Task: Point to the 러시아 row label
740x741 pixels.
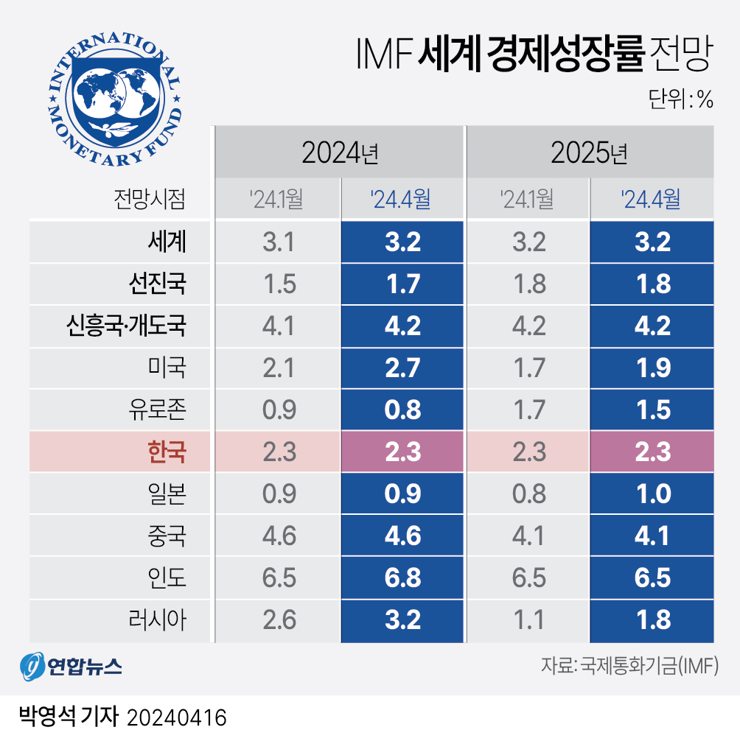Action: [x=158, y=619]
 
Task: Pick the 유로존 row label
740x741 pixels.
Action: [x=158, y=409]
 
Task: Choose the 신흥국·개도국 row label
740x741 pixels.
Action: [x=126, y=325]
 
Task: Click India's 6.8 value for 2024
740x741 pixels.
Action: [x=402, y=577]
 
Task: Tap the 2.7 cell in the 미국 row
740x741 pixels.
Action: [x=402, y=367]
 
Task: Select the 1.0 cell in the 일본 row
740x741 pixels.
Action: [x=652, y=493]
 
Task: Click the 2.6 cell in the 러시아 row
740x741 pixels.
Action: [x=279, y=619]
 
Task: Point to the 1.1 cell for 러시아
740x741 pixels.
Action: [x=528, y=619]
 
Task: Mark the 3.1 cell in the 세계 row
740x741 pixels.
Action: [x=279, y=241]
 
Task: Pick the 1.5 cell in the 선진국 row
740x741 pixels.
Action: [x=279, y=283]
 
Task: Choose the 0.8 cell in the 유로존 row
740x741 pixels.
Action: [x=402, y=409]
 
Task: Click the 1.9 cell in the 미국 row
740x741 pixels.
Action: [x=652, y=367]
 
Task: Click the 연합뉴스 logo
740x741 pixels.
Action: [x=71, y=667]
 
